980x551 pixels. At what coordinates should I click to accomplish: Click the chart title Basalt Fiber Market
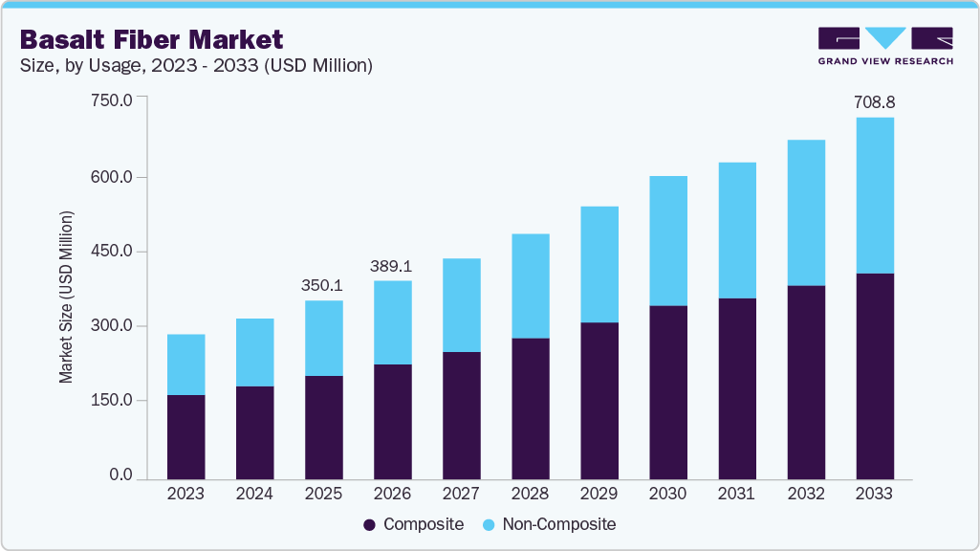tap(152, 39)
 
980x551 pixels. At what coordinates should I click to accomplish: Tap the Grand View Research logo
tap(885, 46)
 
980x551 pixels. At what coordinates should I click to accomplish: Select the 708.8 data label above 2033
tap(875, 101)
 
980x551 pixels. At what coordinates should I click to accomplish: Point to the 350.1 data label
tap(323, 285)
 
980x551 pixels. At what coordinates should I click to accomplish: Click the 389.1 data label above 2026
tap(392, 265)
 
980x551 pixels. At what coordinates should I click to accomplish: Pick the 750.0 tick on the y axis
tap(111, 99)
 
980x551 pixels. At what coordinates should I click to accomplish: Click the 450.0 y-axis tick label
tap(111, 252)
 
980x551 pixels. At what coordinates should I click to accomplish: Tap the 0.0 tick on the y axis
tap(120, 475)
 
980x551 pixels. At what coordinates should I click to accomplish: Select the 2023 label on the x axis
tap(185, 494)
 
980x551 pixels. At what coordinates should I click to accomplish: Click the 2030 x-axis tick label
tap(667, 494)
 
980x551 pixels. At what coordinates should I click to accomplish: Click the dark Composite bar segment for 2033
tap(875, 376)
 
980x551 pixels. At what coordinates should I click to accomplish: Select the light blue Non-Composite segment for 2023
tap(185, 364)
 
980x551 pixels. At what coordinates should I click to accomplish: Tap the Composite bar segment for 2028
tap(530, 408)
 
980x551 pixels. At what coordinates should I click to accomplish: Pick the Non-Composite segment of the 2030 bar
tap(667, 241)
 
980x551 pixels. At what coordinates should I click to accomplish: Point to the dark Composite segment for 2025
tap(323, 428)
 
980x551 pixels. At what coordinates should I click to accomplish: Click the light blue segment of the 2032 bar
tap(806, 212)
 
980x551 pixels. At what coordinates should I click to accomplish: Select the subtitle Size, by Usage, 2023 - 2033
tap(196, 65)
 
